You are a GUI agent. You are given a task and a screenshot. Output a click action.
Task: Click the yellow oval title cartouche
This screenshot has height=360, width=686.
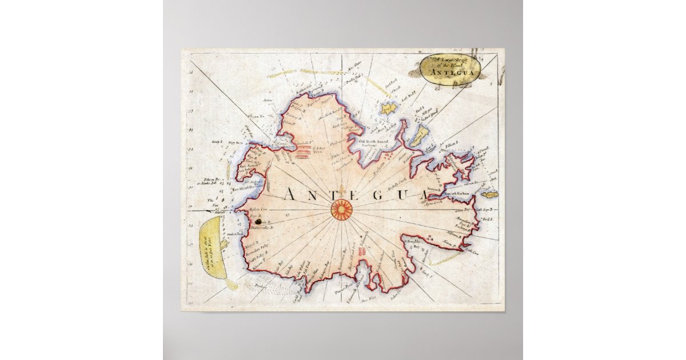[x=448, y=67]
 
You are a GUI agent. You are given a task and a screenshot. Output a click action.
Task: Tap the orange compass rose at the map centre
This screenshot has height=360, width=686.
[x=342, y=210]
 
